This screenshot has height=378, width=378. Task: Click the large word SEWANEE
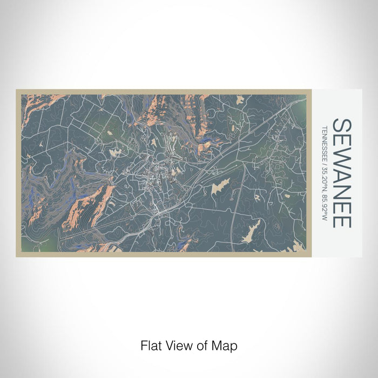click(341, 172)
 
